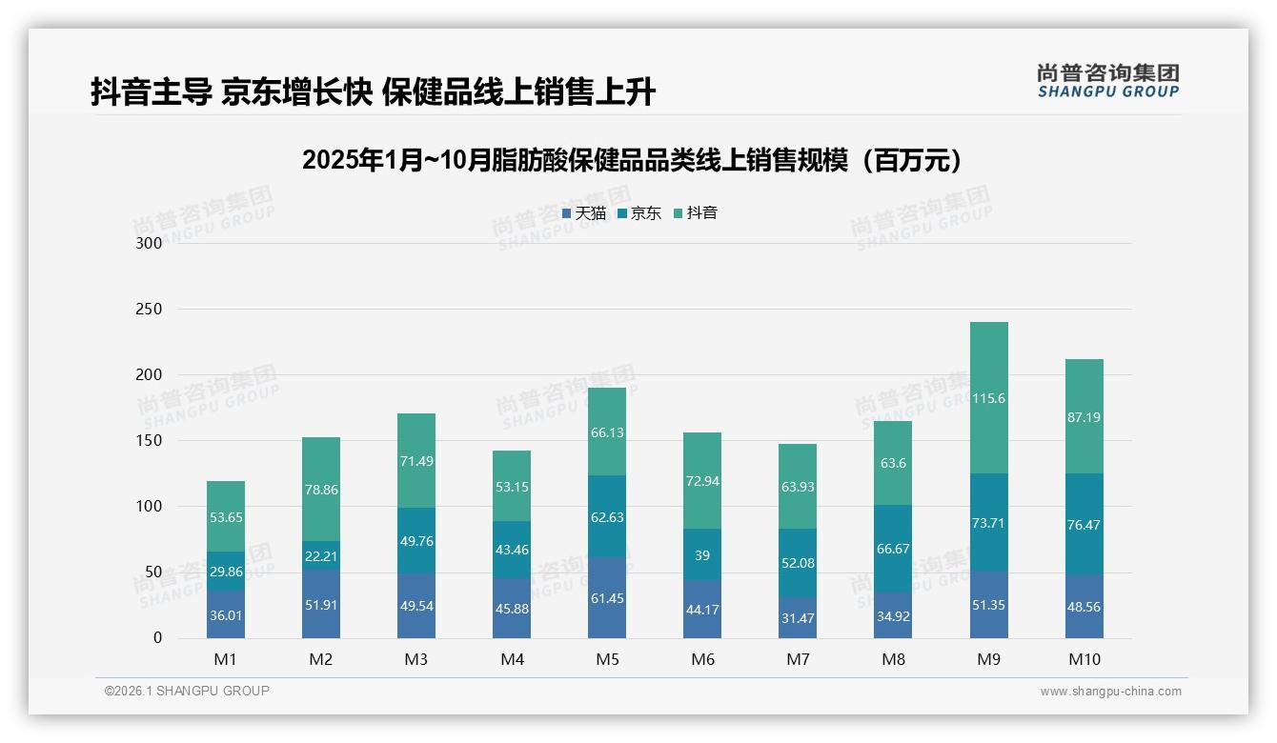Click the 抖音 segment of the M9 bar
click(x=988, y=398)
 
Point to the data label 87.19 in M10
click(x=1084, y=417)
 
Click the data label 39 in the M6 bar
click(x=702, y=555)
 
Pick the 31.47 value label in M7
click(x=798, y=619)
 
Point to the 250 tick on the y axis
click(x=150, y=310)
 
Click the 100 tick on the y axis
click(x=150, y=507)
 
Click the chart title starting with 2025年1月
click(x=631, y=160)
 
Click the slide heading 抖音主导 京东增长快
click(x=373, y=92)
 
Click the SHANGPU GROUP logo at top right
click(x=1107, y=81)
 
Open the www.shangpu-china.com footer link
click(x=1110, y=692)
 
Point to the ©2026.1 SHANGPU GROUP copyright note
click(x=187, y=691)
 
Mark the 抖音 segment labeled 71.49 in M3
click(x=416, y=461)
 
